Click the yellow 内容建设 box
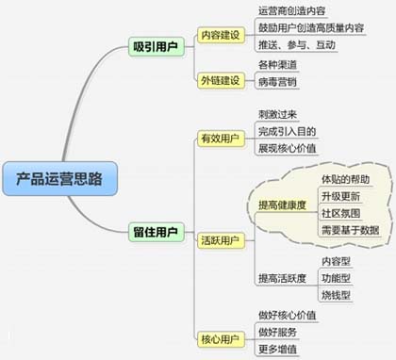221,34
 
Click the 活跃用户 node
220,240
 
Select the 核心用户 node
220,336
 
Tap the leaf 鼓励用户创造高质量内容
310,28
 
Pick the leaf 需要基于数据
349,229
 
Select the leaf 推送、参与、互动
296,44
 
